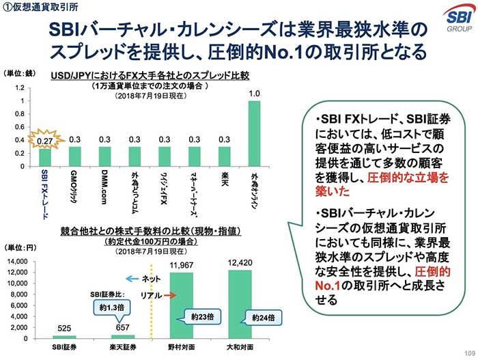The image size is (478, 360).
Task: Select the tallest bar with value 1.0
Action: pyautogui.click(x=255, y=133)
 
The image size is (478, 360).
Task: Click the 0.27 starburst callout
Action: pyautogui.click(x=44, y=140)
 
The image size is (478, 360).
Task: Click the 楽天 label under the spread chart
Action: pyautogui.click(x=225, y=180)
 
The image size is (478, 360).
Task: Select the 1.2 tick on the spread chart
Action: pyautogui.click(x=20, y=88)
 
